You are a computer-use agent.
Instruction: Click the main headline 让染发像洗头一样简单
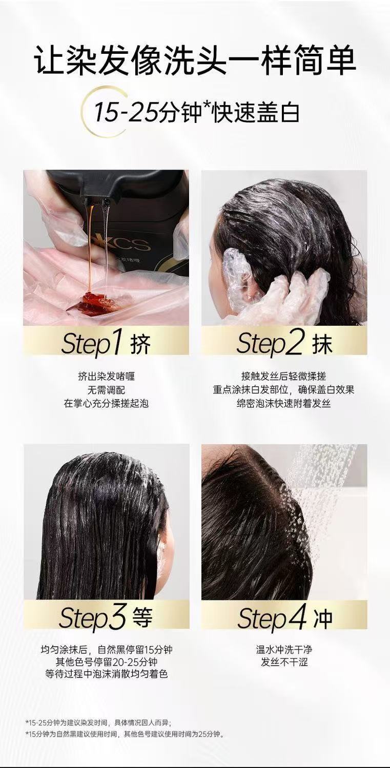point(195,60)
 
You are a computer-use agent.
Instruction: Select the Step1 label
point(92,343)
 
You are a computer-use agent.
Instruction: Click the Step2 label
point(270,343)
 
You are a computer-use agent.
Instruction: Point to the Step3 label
point(92,617)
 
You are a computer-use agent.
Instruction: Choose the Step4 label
point(272,617)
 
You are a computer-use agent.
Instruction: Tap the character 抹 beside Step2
point(322,344)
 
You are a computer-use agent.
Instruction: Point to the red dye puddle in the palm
point(91,303)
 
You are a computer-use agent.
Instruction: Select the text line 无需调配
point(106,390)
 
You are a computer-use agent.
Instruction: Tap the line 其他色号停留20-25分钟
point(106,661)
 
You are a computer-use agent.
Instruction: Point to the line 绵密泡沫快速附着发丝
point(284,403)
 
